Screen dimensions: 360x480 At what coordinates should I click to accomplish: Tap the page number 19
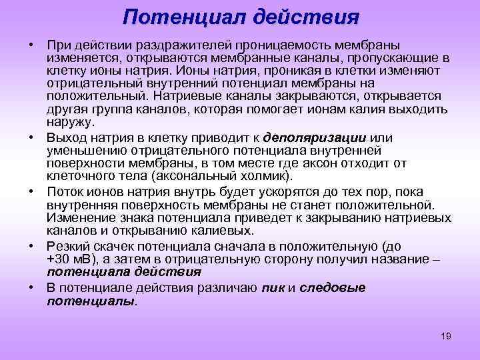pos(446,336)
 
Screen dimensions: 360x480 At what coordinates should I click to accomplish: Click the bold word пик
pos(273,288)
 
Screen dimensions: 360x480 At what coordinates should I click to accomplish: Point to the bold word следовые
pos(333,288)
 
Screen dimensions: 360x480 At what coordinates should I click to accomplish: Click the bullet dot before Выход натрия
pos(32,138)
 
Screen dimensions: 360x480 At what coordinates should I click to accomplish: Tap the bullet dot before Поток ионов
pos(32,191)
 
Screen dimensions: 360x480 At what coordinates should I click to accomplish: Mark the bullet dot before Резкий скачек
pos(32,245)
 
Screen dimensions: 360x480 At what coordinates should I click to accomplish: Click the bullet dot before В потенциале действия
pos(32,288)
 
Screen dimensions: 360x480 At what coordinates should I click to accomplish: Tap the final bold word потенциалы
pos(90,301)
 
